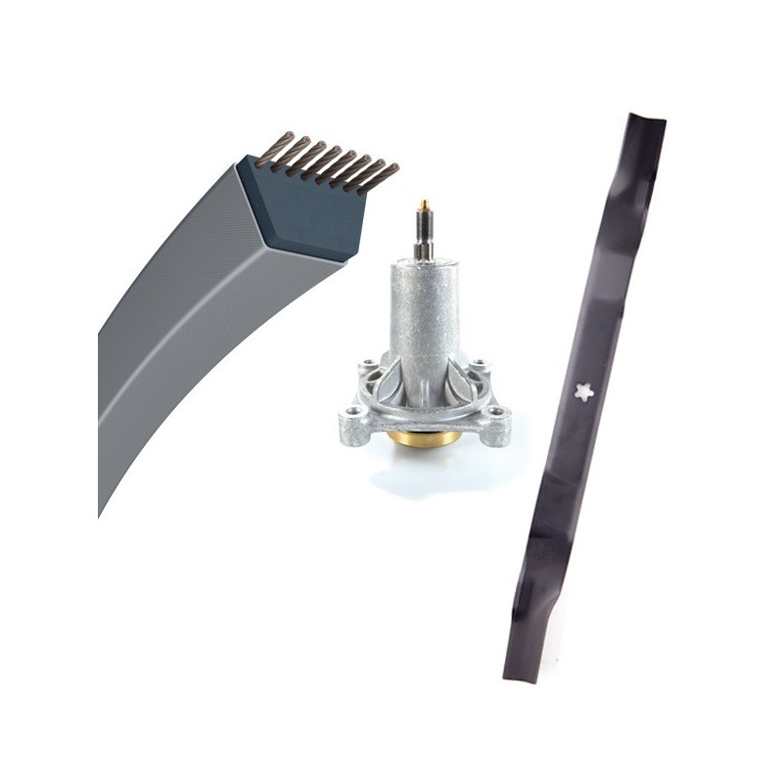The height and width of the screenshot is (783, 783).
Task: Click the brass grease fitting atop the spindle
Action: [x=424, y=207]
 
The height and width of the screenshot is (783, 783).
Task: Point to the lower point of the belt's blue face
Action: [x=344, y=258]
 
